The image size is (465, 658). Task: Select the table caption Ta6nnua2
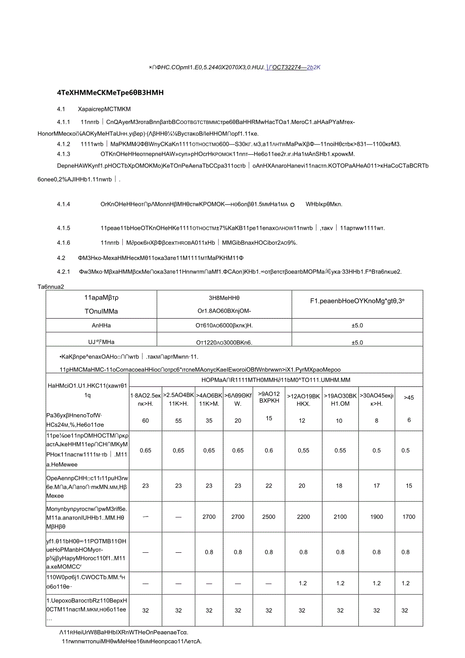click(51, 286)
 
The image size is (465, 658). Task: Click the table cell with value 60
click(146, 420)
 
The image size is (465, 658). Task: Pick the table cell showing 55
click(178, 420)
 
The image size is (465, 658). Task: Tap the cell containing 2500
click(269, 516)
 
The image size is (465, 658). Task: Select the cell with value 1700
click(409, 516)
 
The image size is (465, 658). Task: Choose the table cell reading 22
click(269, 486)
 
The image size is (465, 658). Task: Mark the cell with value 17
click(377, 486)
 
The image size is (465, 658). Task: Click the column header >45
click(409, 398)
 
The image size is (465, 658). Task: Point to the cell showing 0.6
click(269, 450)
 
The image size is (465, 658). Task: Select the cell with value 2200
click(303, 516)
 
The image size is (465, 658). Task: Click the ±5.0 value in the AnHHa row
click(357, 325)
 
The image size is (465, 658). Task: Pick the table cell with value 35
click(209, 420)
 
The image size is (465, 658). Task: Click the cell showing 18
click(340, 486)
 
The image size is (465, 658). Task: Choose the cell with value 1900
click(377, 516)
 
